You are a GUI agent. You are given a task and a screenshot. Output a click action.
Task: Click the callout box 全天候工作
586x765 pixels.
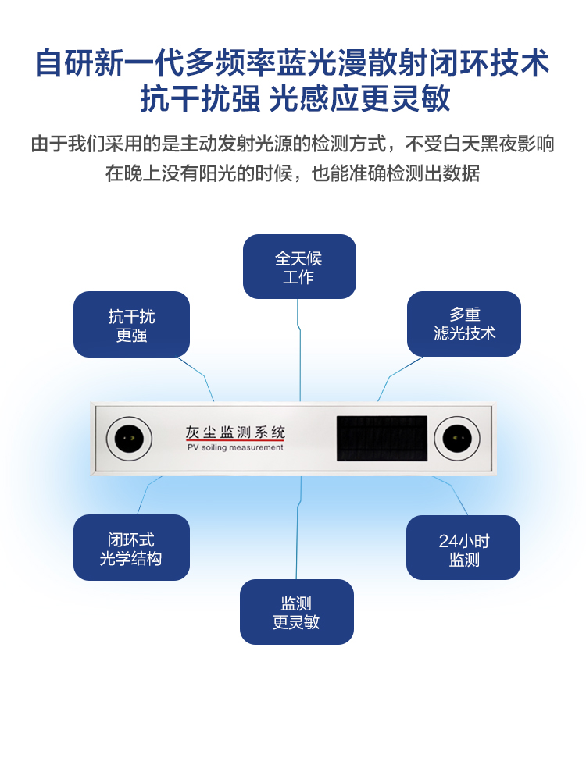click(x=299, y=267)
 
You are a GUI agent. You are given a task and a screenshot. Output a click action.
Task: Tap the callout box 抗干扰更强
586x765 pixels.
click(x=131, y=325)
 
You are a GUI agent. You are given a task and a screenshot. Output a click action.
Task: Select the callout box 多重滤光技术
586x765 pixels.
click(x=464, y=324)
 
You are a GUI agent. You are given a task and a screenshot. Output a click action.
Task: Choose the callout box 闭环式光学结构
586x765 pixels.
click(x=131, y=548)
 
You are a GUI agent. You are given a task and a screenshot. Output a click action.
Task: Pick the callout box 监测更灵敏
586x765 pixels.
click(x=296, y=612)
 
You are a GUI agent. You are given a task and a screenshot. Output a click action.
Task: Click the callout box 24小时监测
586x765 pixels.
click(x=463, y=549)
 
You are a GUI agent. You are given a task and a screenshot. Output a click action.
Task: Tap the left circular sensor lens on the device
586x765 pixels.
click(x=129, y=438)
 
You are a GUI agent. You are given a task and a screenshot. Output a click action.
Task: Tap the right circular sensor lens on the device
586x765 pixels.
click(x=456, y=438)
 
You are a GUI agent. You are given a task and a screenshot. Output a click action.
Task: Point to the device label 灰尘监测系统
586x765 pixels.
click(x=235, y=432)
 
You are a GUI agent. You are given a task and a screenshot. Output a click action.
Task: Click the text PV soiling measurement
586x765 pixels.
click(x=235, y=448)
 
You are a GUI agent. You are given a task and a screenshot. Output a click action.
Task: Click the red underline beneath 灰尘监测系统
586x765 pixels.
click(x=235, y=440)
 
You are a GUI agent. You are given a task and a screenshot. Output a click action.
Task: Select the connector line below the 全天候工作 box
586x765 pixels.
click(x=299, y=351)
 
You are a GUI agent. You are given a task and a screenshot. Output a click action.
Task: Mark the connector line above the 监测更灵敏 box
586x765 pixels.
click(x=298, y=531)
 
